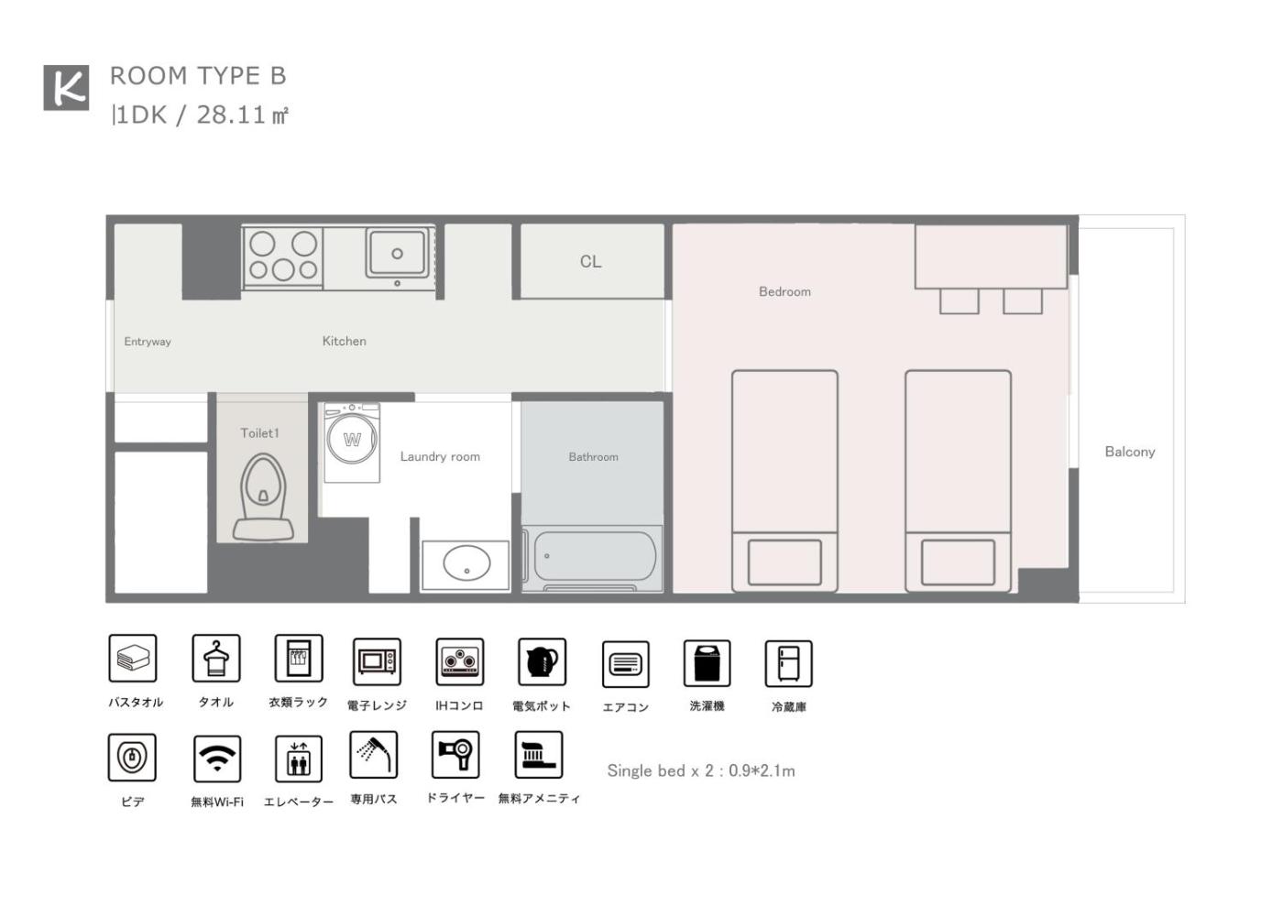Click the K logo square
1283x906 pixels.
tap(66, 88)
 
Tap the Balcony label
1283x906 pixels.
tap(1129, 452)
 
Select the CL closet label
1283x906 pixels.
tap(590, 262)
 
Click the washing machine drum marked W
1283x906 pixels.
tap(352, 439)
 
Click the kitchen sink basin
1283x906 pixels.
tap(397, 253)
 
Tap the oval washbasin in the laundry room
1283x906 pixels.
tap(466, 563)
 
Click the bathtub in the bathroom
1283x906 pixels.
tap(595, 556)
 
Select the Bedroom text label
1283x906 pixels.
tap(784, 291)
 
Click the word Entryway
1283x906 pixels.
tap(148, 342)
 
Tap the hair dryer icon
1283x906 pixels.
tap(455, 754)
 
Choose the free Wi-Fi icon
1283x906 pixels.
tap(217, 759)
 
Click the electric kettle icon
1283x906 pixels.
tap(542, 662)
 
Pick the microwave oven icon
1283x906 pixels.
tap(377, 662)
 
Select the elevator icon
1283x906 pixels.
tap(299, 759)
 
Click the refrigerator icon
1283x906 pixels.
tap(789, 664)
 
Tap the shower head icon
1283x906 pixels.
tap(374, 754)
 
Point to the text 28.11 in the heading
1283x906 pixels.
tap(231, 115)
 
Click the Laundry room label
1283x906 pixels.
tap(440, 456)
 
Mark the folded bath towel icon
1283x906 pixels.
tap(133, 658)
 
